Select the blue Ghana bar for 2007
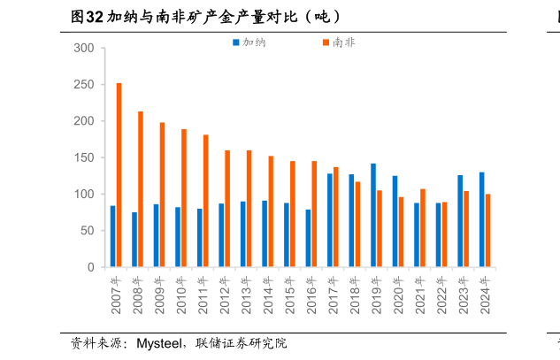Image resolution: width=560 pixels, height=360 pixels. (112, 236)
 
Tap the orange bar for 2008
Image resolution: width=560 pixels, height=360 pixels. (141, 189)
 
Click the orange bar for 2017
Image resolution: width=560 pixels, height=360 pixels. (336, 217)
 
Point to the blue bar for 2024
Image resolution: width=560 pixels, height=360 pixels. (482, 219)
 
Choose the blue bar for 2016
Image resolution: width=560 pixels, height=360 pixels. (308, 238)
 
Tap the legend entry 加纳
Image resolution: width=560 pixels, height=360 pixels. (253, 42)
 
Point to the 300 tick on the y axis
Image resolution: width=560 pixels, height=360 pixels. (85, 48)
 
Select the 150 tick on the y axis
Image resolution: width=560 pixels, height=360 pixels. (85, 157)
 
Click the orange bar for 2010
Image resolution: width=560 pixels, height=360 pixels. (184, 198)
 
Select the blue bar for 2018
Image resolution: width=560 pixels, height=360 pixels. (351, 220)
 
